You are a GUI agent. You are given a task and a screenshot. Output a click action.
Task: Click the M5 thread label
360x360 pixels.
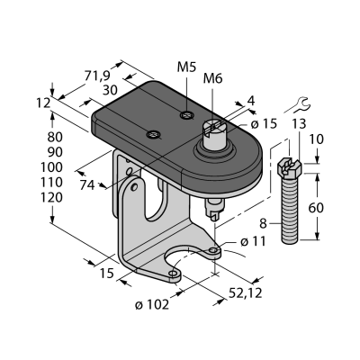coord(186,67)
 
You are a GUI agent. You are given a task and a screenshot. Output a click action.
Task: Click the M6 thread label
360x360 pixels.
coord(212,79)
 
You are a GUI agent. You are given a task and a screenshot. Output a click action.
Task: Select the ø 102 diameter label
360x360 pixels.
coord(152,305)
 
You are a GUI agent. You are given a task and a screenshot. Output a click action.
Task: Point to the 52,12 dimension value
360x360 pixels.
coord(246,293)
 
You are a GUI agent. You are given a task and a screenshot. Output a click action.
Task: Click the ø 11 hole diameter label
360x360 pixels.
coord(254,241)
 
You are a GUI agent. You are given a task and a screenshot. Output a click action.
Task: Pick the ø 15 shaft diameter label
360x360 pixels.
coord(264,123)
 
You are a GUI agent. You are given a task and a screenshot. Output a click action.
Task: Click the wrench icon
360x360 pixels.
coord(302,103)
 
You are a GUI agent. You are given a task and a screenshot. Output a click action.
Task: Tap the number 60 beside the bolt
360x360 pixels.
coord(316,208)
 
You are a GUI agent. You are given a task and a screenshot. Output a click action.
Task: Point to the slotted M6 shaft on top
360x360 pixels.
coord(214,133)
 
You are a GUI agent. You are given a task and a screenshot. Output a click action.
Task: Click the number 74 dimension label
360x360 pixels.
coord(87,185)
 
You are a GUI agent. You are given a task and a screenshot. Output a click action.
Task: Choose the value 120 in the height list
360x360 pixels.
coord(51,198)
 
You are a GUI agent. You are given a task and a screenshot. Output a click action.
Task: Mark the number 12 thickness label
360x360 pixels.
coord(43,103)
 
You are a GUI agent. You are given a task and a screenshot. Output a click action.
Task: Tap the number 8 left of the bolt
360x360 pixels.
coord(263,223)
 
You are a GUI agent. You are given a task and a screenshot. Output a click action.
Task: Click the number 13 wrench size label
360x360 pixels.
coord(298,123)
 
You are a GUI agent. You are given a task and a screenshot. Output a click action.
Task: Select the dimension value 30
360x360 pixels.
coord(110,90)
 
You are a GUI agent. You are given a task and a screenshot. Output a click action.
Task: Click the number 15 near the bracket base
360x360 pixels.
coord(107,274)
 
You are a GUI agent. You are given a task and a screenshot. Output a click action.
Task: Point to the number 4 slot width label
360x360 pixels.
coord(251,101)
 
